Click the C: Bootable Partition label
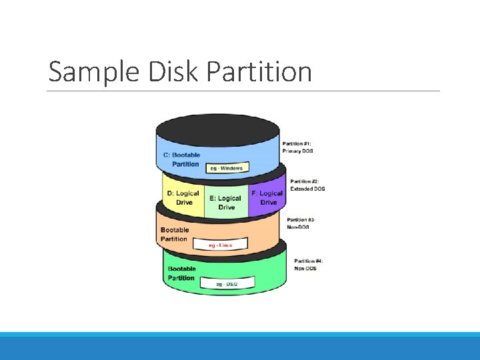coord(181,159)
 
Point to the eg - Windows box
coord(226,168)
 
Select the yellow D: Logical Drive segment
coord(183,197)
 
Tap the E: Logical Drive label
coord(225,203)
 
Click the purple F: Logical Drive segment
coord(267,197)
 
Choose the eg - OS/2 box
coord(226,285)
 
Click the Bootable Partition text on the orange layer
coord(174,234)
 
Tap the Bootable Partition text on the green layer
coord(181,273)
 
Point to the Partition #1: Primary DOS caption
coord(297,147)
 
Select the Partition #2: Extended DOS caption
coord(307,185)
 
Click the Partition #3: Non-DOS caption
coord(301,223)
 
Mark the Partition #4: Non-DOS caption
coord(309,265)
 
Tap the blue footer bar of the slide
coord(240,346)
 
